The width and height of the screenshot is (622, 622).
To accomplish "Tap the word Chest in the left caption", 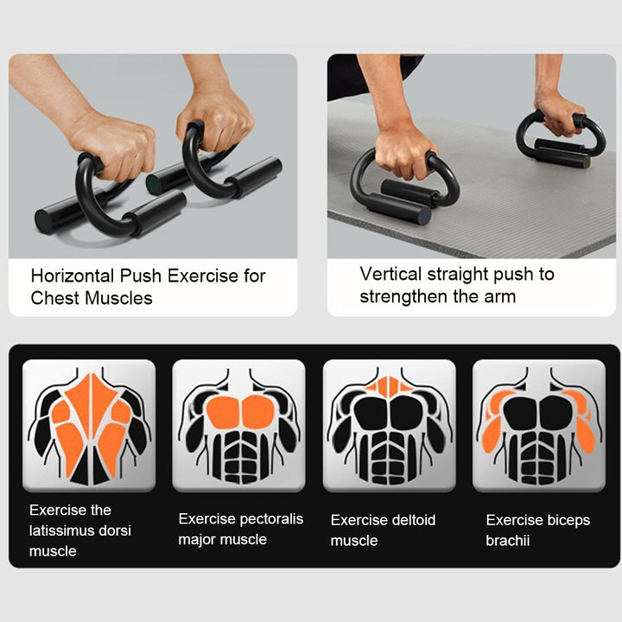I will pyautogui.click(x=54, y=299).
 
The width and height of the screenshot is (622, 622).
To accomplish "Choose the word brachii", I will pyautogui.click(x=508, y=541).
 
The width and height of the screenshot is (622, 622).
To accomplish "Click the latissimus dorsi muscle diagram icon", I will pyautogui.click(x=89, y=426).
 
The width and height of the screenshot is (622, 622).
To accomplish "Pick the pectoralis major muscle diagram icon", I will pyautogui.click(x=238, y=426).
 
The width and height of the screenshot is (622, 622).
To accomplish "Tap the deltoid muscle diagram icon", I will pyautogui.click(x=389, y=426).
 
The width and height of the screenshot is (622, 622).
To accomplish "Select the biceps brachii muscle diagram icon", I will pyautogui.click(x=539, y=426).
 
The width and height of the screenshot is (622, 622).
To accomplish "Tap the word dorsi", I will pyautogui.click(x=115, y=530).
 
